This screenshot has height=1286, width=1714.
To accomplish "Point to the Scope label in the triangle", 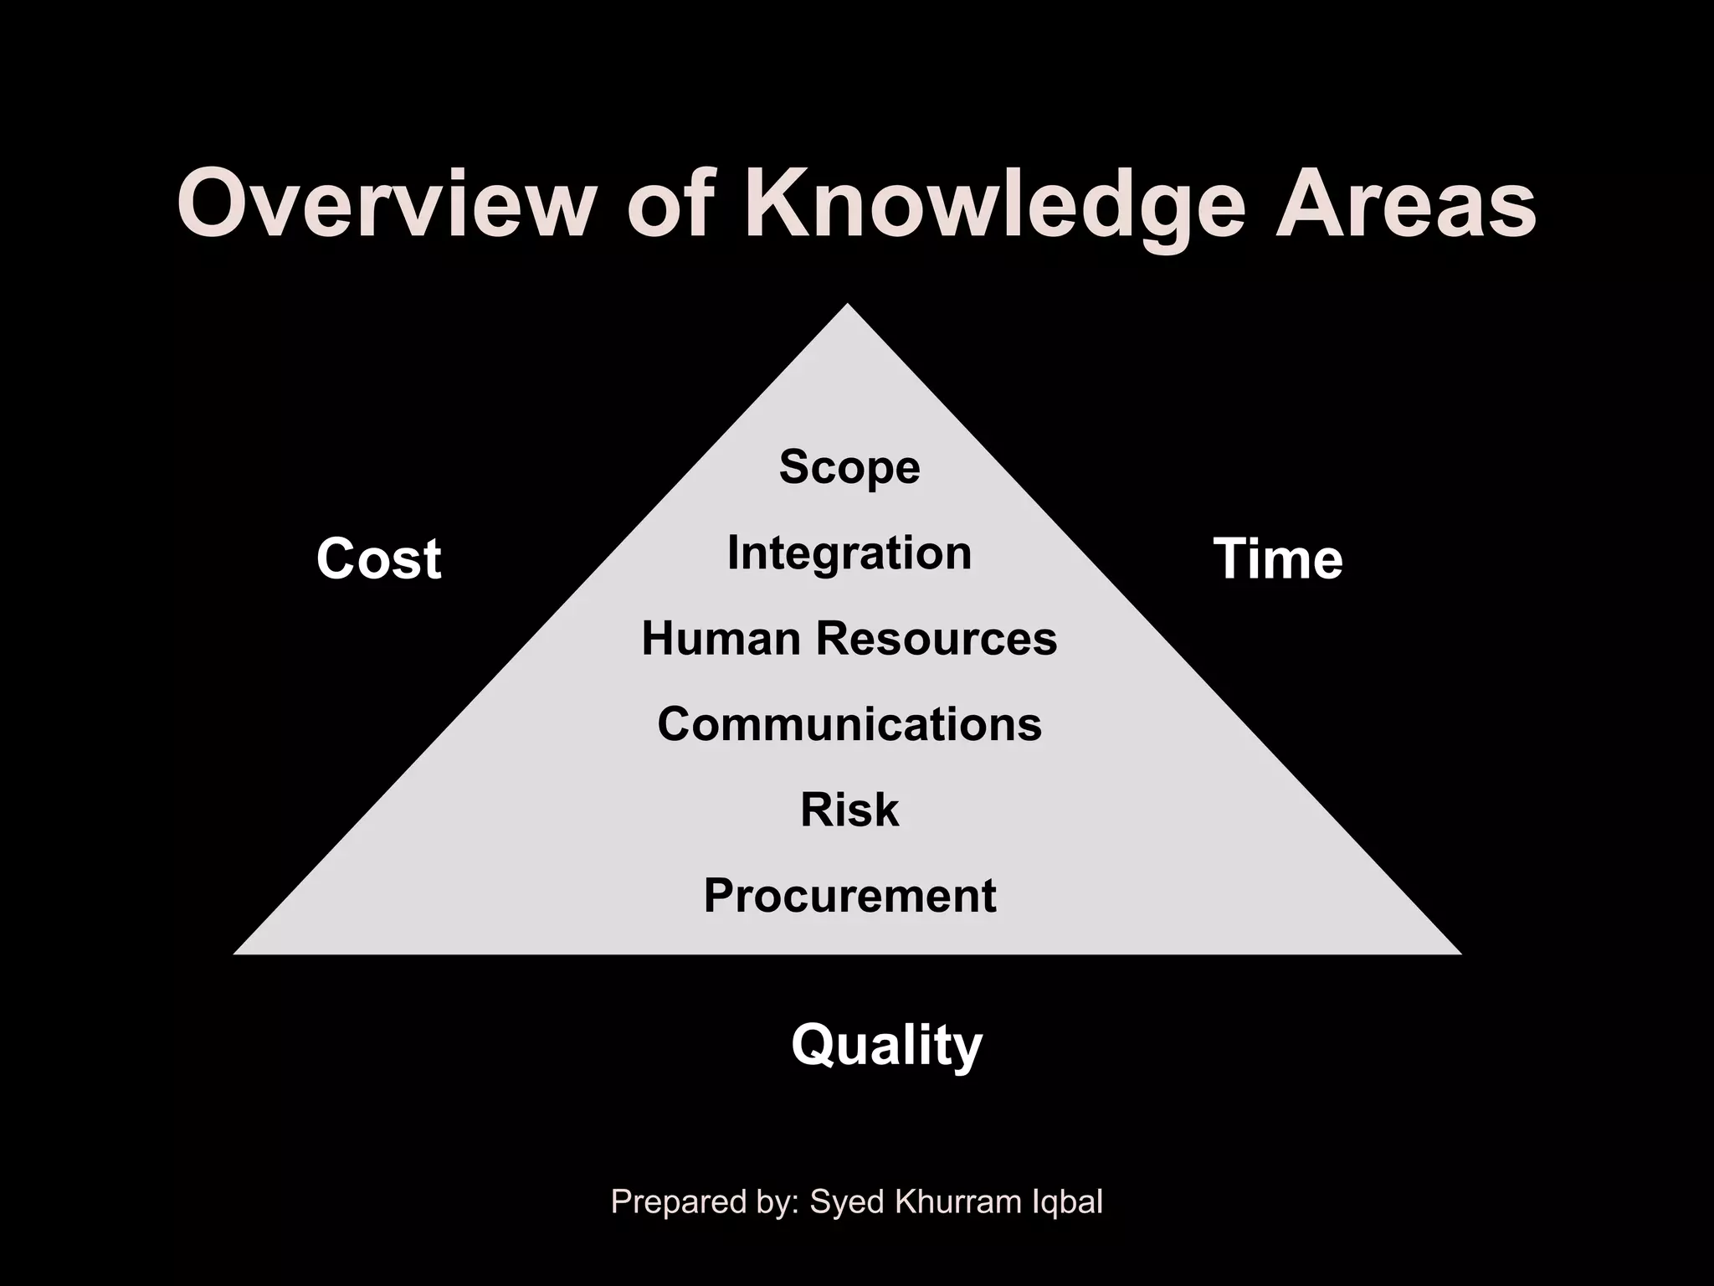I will pos(849,466).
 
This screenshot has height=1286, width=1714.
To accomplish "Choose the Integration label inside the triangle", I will pos(849,553).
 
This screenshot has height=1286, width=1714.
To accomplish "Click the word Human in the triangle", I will pos(721,639).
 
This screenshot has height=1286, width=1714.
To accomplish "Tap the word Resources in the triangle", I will pos(937,639).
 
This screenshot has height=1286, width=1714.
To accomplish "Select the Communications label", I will pos(849,724).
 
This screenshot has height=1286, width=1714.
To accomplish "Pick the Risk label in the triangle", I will pos(849,810).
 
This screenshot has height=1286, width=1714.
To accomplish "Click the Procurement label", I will pos(849,896).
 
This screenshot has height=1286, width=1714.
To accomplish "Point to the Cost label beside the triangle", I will pos(378,558).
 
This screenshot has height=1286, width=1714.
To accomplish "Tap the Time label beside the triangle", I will pos(1278,558).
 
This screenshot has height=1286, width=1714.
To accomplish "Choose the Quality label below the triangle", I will pos(887,1046).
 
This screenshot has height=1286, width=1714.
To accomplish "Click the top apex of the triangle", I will pos(848,306).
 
